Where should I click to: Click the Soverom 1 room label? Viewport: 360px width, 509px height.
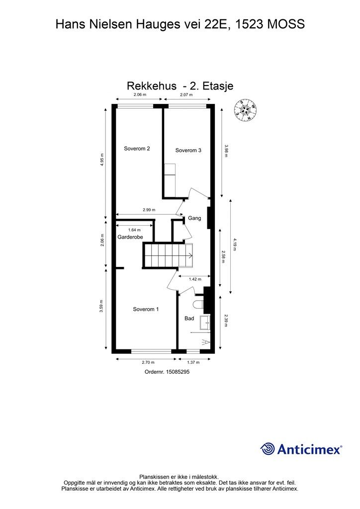tap(146, 309)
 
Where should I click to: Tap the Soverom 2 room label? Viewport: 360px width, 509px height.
tap(137, 149)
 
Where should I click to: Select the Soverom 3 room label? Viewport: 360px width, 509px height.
tap(188, 150)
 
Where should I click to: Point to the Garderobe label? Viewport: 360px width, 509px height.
tap(130, 237)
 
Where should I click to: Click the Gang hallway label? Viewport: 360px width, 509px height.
tap(194, 218)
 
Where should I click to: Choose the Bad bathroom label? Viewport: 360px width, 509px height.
tap(189, 319)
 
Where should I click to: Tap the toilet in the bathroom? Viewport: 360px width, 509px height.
tap(198, 305)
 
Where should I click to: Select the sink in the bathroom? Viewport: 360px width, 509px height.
tap(205, 322)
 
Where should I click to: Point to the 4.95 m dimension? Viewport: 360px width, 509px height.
tap(102, 160)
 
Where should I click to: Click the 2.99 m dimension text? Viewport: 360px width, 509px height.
tap(149, 210)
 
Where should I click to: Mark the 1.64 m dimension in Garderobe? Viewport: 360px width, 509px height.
tap(134, 230)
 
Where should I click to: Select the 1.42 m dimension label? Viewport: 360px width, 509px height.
tap(195, 279)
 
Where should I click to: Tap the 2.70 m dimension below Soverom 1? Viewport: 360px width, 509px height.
tap(148, 362)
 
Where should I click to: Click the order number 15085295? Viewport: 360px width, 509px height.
tap(178, 372)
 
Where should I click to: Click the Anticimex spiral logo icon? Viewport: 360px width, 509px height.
tap(268, 449)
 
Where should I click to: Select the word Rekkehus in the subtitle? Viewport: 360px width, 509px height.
tap(152, 86)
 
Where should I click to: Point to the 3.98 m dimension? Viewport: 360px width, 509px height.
tap(226, 151)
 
